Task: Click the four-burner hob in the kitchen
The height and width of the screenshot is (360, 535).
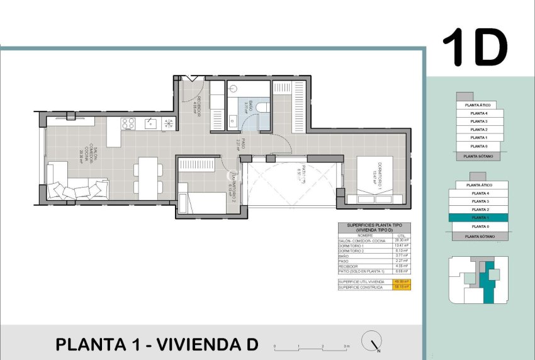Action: coord(128,123)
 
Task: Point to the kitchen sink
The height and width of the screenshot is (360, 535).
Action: coord(150,123)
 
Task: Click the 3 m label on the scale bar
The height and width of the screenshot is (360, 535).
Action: coord(346,347)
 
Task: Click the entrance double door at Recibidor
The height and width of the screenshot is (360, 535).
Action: coord(191,79)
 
